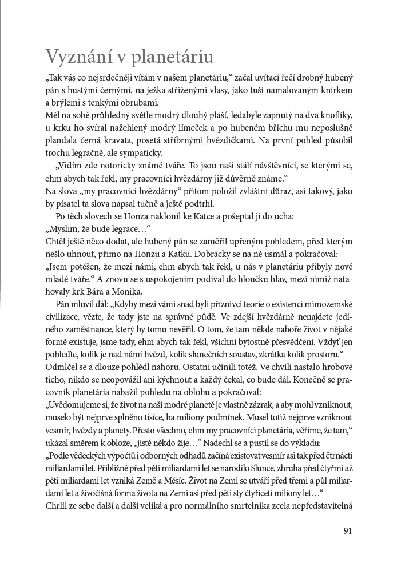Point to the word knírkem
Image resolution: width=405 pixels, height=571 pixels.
click(x=338, y=90)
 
